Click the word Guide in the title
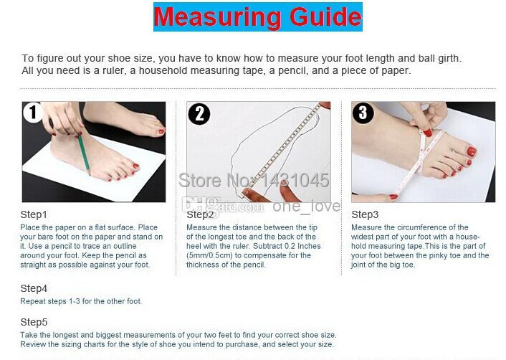click(x=325, y=16)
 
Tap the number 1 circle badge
click(x=32, y=113)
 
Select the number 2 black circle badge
click(x=199, y=113)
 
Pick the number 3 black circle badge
click(x=363, y=113)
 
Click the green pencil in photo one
click(x=84, y=153)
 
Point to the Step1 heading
click(x=34, y=214)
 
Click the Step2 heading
click(x=200, y=214)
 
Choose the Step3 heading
click(x=365, y=214)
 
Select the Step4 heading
click(x=34, y=288)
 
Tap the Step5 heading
click(x=34, y=322)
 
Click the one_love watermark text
click(x=306, y=207)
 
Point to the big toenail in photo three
click(x=472, y=151)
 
